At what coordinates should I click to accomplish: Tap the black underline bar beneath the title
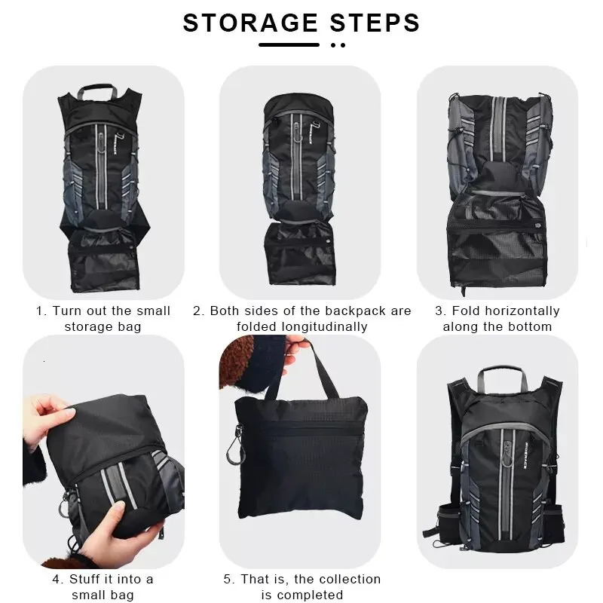[x=289, y=44]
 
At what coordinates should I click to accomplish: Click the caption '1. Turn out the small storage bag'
[x=103, y=319]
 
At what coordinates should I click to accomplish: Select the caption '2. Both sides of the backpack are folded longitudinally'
[x=301, y=319]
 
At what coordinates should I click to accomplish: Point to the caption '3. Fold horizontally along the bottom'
[x=497, y=319]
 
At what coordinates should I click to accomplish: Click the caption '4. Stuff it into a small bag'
[x=103, y=586]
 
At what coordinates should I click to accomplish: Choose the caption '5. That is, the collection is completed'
[x=301, y=586]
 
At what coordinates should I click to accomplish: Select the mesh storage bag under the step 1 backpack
[x=103, y=260]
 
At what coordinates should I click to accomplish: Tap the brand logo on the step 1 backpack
[x=101, y=140]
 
